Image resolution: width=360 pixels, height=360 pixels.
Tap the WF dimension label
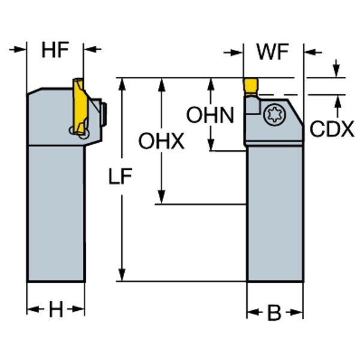272,52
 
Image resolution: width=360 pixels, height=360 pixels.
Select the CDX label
331,128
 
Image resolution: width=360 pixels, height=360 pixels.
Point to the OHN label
209,115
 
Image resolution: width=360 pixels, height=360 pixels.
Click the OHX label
161,142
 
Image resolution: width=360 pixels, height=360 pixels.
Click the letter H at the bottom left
56,310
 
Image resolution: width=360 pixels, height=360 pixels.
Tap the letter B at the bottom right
274,312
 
